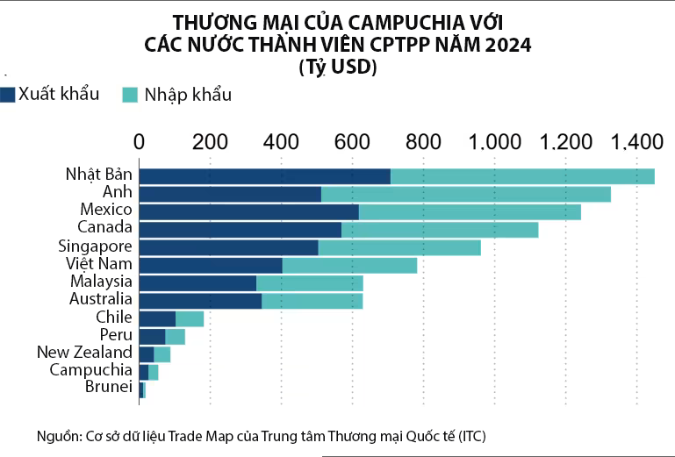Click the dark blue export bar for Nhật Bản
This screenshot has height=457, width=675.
click(x=264, y=176)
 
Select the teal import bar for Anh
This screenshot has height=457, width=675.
click(x=465, y=194)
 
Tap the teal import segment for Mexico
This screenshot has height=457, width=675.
click(x=470, y=211)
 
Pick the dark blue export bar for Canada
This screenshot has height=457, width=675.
click(x=240, y=230)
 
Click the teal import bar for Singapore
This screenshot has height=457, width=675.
click(x=399, y=247)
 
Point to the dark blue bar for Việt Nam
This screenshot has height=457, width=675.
click(x=211, y=265)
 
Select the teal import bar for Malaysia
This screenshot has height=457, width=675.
click(x=309, y=282)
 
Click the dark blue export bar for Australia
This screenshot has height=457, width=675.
click(x=200, y=301)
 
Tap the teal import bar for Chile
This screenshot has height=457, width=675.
click(x=190, y=318)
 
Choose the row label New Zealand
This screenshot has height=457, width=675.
click(x=84, y=352)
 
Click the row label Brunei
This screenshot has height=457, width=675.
click(x=108, y=387)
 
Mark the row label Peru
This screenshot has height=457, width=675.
click(x=116, y=334)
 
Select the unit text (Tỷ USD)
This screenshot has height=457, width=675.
click(x=337, y=67)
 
